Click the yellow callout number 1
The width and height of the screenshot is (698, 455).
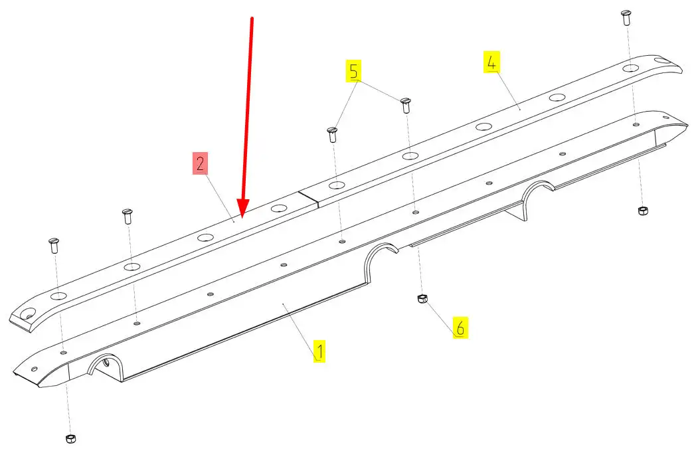click(x=319, y=351)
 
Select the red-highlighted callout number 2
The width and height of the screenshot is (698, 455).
click(x=200, y=163)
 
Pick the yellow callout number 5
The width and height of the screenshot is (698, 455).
click(x=353, y=71)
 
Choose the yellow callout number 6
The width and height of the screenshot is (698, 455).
click(x=460, y=327)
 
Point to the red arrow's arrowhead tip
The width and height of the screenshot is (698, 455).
click(x=241, y=218)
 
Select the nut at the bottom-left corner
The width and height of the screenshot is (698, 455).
click(x=70, y=438)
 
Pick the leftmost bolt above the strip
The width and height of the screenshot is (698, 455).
click(x=54, y=245)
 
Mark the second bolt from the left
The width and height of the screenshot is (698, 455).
click(x=128, y=217)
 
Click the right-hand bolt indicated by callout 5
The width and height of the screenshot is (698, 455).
click(x=406, y=105)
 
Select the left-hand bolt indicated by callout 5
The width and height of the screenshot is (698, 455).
click(x=332, y=134)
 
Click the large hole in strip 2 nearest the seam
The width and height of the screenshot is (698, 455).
click(x=279, y=208)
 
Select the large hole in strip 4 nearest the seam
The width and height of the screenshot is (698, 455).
click(x=337, y=185)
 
